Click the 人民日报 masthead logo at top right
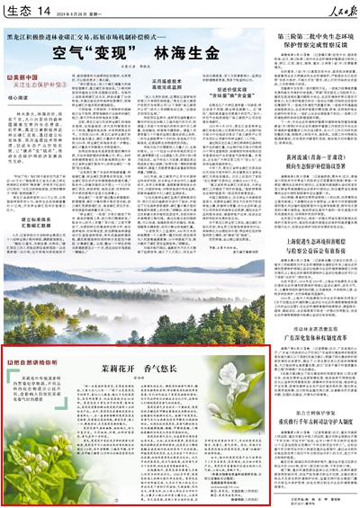point(325,12)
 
